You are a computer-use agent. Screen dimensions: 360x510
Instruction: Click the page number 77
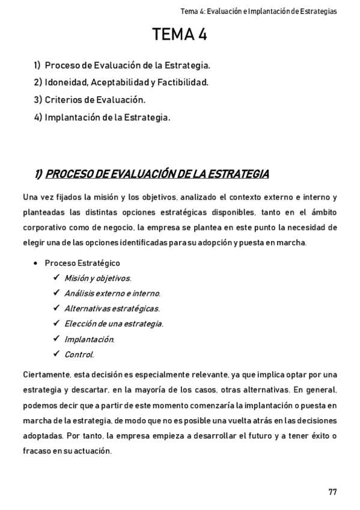[x=332, y=475]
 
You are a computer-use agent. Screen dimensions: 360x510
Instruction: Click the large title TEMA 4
[x=180, y=35]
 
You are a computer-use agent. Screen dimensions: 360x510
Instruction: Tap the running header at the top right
[x=258, y=11]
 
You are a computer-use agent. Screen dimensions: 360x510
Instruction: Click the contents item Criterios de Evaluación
[x=95, y=100]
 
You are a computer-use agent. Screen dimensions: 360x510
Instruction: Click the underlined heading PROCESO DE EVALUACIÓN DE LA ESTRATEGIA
[x=157, y=174]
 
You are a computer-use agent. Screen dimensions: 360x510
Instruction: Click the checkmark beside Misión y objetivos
[x=56, y=278]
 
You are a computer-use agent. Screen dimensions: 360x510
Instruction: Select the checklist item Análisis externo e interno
[x=112, y=293]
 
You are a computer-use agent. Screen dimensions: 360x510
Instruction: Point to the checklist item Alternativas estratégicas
[x=112, y=309]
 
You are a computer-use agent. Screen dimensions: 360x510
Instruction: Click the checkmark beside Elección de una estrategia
[x=56, y=324]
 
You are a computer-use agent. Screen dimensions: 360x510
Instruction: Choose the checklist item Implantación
[x=89, y=339]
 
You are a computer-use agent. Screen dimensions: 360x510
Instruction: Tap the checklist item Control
[x=79, y=354]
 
